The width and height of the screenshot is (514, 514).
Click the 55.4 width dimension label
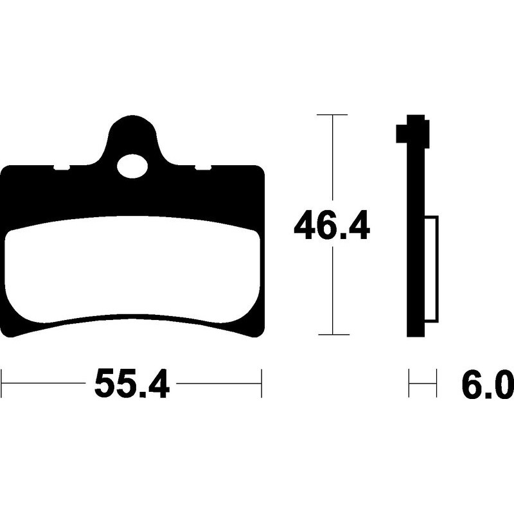point(132,383)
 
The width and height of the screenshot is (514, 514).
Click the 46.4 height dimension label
point(332,224)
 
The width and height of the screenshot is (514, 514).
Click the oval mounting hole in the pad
point(132,166)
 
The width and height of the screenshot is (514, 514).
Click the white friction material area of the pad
point(132,269)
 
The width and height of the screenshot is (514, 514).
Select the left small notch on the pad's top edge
point(62,168)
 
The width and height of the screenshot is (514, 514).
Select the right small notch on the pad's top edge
point(203,168)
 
